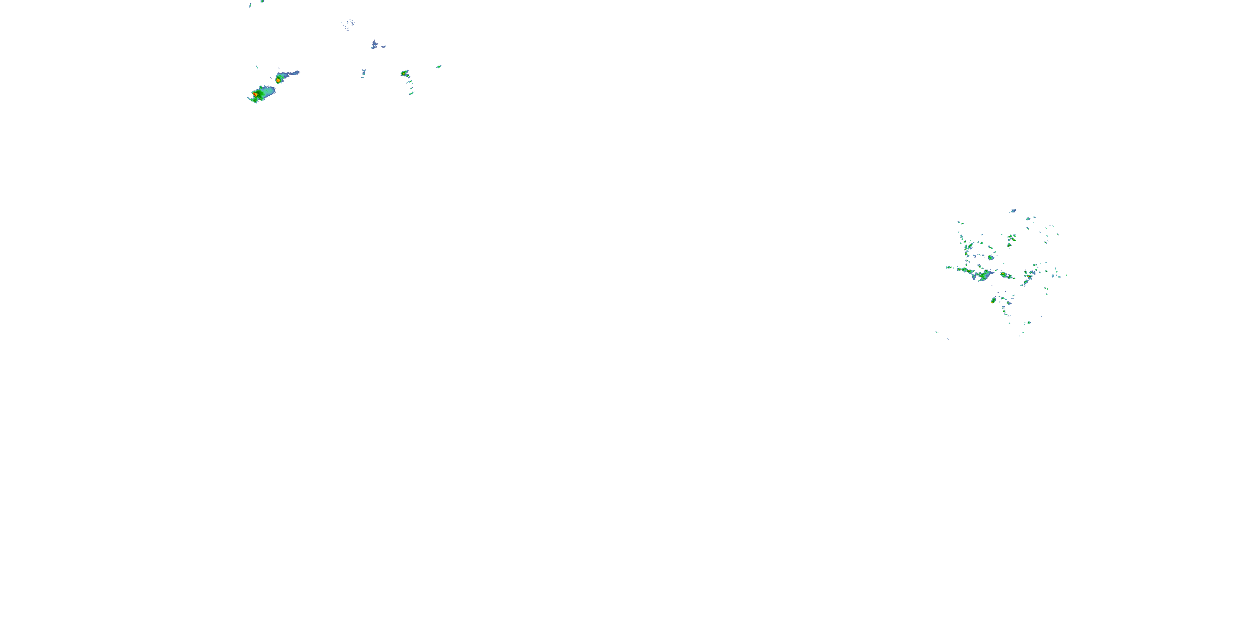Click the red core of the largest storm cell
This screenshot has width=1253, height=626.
[x=255, y=94]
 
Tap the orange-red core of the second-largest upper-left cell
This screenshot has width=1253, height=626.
[x=278, y=80]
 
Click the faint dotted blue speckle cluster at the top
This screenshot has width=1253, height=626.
[x=348, y=24]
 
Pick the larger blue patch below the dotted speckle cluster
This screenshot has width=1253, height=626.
[x=374, y=45]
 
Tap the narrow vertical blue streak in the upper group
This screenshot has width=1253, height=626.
[x=363, y=73]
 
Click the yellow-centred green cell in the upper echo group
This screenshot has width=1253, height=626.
[x=404, y=73]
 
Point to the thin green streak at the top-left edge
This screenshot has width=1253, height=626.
[x=250, y=5]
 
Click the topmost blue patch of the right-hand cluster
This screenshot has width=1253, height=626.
[x=1013, y=211]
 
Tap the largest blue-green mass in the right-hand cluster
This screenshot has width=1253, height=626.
[x=984, y=276]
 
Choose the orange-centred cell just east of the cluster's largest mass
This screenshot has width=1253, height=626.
[x=1006, y=275]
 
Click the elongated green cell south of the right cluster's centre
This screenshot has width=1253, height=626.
[x=993, y=300]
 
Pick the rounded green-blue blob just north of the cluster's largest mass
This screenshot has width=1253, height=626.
[x=991, y=257]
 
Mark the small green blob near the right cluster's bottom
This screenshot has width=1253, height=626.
[x=1028, y=322]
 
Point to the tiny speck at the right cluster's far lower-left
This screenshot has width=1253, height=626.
[x=937, y=333]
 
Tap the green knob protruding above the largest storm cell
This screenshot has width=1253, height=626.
[x=266, y=88]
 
